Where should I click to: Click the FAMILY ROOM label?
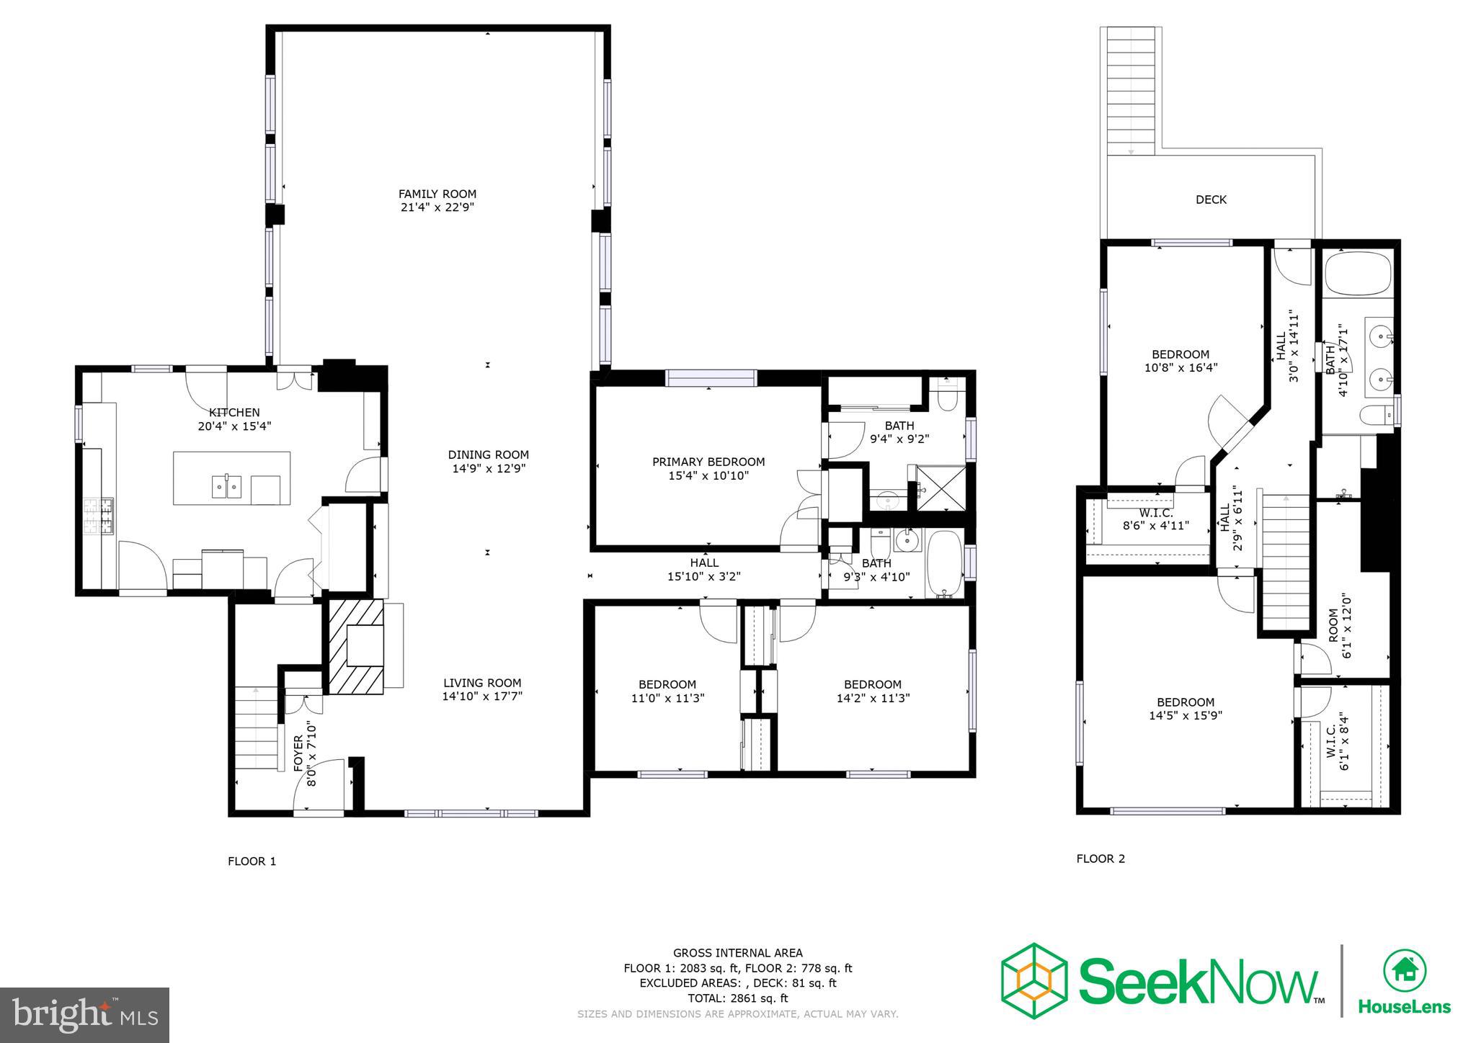point(437,194)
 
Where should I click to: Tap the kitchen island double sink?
point(226,487)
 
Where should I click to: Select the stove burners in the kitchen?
point(99,516)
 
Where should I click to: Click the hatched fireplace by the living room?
point(356,646)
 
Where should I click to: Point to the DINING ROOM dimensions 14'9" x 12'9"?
point(489,468)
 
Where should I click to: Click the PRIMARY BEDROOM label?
point(708,462)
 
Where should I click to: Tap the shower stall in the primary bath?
point(941,488)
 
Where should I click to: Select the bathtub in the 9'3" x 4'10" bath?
point(943,565)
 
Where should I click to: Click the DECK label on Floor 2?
point(1211,200)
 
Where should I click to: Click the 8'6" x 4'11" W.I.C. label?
point(1155,519)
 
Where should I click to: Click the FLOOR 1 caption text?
point(252,861)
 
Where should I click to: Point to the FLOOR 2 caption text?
point(1101,858)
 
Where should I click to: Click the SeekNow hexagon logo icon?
point(1033,980)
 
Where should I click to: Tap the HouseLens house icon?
point(1405,970)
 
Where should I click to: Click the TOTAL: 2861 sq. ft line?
point(737,998)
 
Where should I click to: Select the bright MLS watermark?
point(85,1015)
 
